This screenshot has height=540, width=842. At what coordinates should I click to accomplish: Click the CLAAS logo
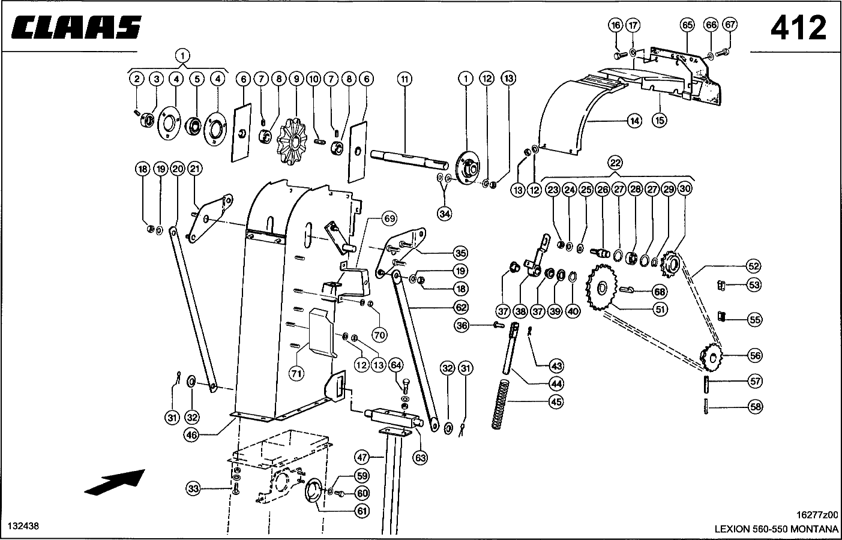point(76,28)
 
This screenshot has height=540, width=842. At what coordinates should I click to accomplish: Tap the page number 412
point(798,28)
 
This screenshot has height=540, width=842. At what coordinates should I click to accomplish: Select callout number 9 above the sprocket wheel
point(296,79)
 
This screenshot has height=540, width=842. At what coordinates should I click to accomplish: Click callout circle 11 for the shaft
point(404,79)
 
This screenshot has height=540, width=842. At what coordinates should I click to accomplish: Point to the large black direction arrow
point(115,482)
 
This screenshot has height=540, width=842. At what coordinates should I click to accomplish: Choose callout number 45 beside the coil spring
point(556,402)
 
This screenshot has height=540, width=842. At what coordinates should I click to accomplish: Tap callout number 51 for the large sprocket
point(660,309)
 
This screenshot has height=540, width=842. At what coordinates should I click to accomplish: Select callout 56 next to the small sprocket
point(755,355)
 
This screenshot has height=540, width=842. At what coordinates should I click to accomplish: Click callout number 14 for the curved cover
point(634,121)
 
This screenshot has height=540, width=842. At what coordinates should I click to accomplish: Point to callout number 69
point(389,218)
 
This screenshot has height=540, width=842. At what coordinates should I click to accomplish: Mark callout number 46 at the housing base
point(191,435)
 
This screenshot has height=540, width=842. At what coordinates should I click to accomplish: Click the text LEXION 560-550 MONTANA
point(777,529)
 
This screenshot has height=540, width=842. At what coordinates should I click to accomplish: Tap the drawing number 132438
point(23,526)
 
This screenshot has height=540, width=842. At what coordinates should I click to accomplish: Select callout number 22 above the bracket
point(615,163)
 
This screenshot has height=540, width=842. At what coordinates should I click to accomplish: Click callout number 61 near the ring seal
point(362,511)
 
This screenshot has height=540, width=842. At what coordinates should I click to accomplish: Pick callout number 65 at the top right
point(687,25)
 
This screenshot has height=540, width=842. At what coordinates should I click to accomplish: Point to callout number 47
point(362,457)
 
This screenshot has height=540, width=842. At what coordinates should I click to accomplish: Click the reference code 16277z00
point(817,515)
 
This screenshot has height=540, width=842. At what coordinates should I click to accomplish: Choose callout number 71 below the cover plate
point(296,374)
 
